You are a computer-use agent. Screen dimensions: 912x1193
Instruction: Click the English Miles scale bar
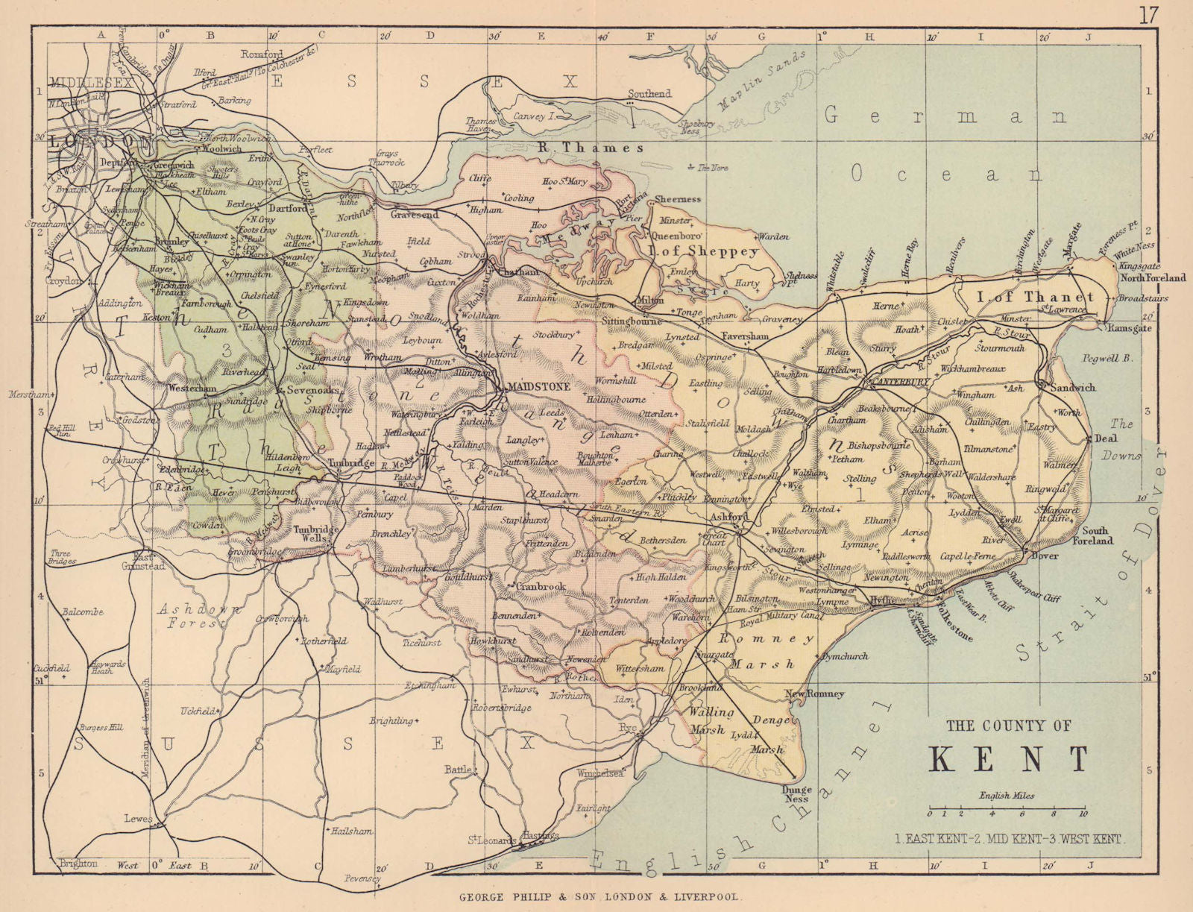1007,808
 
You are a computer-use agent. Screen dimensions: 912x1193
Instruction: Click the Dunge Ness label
796,794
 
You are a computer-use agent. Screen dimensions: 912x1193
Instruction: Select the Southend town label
649,94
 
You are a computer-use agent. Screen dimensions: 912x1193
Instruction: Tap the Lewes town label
138,818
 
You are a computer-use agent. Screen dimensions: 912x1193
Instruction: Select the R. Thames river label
591,148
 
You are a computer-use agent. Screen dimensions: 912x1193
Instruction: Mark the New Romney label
815,694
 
